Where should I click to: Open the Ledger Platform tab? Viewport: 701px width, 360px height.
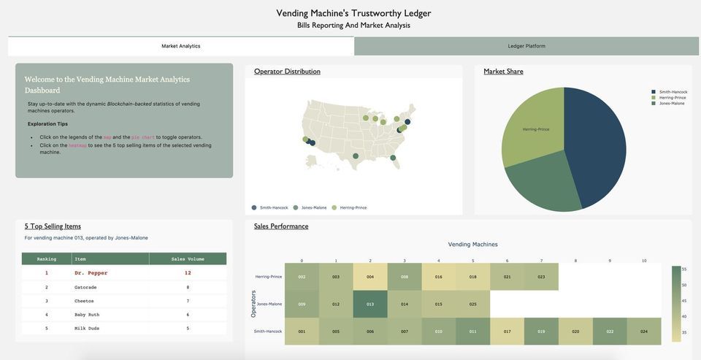526,46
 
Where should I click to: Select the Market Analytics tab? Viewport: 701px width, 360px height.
180,46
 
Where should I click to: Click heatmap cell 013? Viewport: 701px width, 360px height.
370,304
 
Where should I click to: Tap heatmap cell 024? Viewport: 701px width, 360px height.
644,332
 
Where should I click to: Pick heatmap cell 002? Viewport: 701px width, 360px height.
302,277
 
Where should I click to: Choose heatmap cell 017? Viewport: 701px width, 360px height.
507,332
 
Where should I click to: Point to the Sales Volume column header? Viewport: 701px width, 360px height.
188,258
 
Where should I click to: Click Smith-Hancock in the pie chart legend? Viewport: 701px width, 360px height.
673,92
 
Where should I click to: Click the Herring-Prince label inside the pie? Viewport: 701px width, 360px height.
535,129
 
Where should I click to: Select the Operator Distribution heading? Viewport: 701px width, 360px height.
287,72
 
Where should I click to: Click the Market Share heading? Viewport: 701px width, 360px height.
503,72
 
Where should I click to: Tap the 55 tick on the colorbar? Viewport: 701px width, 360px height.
684,269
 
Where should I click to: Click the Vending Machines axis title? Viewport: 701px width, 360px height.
472,245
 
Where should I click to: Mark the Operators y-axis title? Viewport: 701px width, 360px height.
253,304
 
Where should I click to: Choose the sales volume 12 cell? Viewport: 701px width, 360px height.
188,273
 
